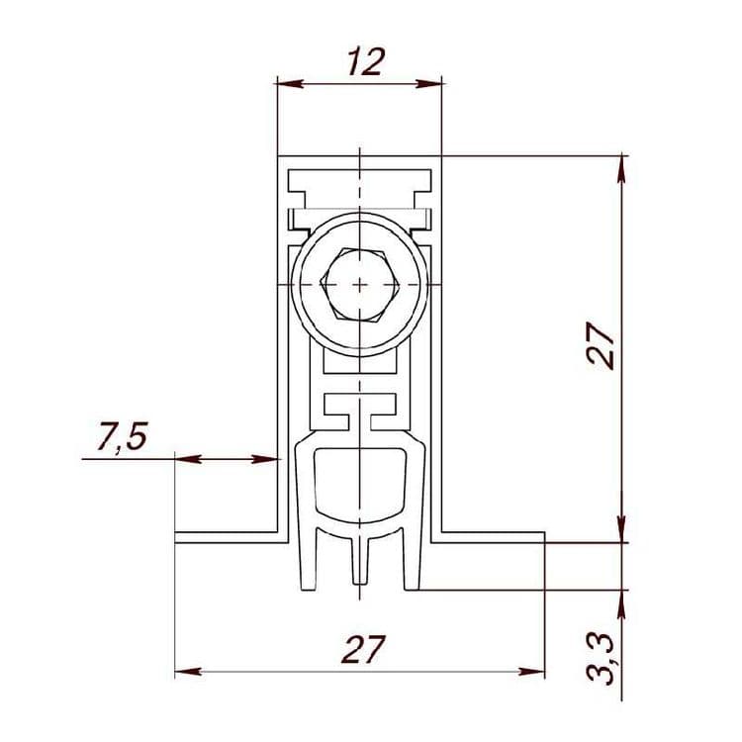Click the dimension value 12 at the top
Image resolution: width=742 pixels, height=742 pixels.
tap(366, 62)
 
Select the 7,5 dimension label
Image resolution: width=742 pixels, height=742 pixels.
tap(123, 436)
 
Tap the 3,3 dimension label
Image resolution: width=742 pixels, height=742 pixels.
tap(601, 659)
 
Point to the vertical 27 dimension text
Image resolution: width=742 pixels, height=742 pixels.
tap(601, 345)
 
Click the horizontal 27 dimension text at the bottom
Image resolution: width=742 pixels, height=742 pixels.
tap(363, 650)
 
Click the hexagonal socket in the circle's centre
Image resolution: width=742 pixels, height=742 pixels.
tap(360, 285)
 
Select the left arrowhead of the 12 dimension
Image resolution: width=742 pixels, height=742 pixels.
tap(290, 84)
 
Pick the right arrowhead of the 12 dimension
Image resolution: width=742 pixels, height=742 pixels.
tap(428, 84)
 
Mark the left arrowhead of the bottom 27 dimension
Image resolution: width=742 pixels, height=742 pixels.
tap(188, 672)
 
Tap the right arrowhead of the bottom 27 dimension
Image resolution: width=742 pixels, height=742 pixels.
tap(532, 672)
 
